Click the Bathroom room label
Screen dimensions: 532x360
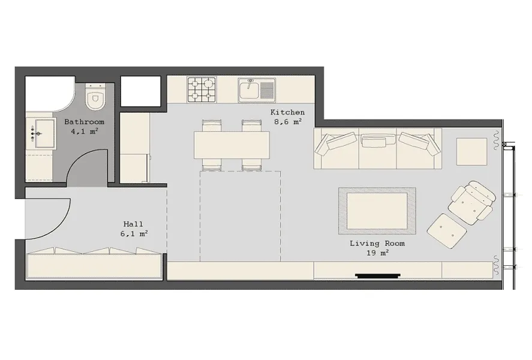tap(84, 121)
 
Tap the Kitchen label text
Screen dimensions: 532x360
tap(287, 112)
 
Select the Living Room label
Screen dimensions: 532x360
tap(377, 243)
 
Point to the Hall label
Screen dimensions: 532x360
tap(133, 224)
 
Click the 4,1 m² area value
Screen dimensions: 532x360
tap(84, 131)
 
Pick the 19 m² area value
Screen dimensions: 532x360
tap(377, 253)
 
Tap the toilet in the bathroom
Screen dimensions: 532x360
tap(95, 97)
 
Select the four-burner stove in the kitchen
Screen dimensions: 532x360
tap(202, 90)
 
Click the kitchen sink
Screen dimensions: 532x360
tap(257, 90)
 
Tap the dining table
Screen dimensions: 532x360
tap(232, 145)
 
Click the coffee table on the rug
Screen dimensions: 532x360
tap(377, 211)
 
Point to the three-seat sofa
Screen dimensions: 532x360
tap(378, 148)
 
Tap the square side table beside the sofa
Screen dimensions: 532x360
tap(471, 151)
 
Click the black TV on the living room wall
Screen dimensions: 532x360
tap(378, 276)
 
